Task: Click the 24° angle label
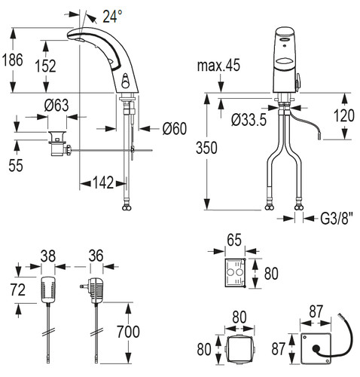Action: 112,17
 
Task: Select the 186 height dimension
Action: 13,60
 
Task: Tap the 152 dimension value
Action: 45,66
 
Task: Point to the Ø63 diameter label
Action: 56,106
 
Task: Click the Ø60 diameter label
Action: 175,128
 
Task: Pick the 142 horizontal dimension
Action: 103,182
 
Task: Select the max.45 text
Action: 218,66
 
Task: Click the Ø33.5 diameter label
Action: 249,120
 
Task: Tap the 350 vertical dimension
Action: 206,148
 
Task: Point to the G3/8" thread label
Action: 337,219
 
